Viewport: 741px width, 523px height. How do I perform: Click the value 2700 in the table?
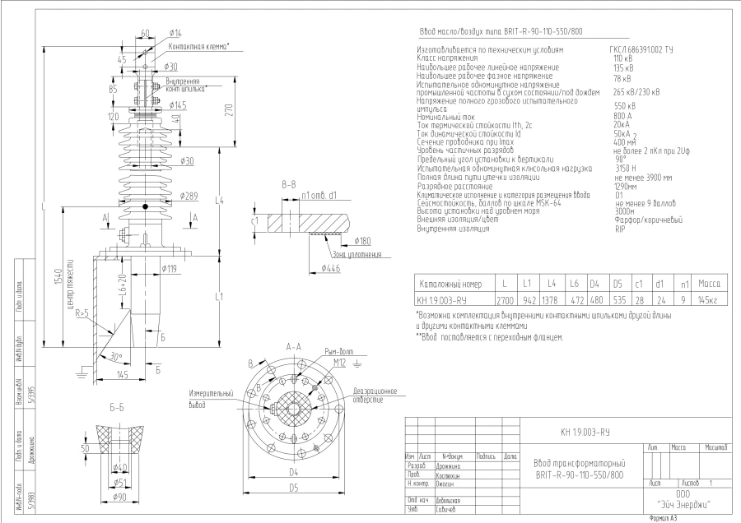coord(505,300)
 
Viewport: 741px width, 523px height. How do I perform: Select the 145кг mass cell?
coord(708,300)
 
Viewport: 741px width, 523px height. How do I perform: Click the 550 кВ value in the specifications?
coord(625,106)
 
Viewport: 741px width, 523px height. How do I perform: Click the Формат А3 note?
coord(664,518)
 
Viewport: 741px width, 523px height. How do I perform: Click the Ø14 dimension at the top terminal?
coord(175,32)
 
